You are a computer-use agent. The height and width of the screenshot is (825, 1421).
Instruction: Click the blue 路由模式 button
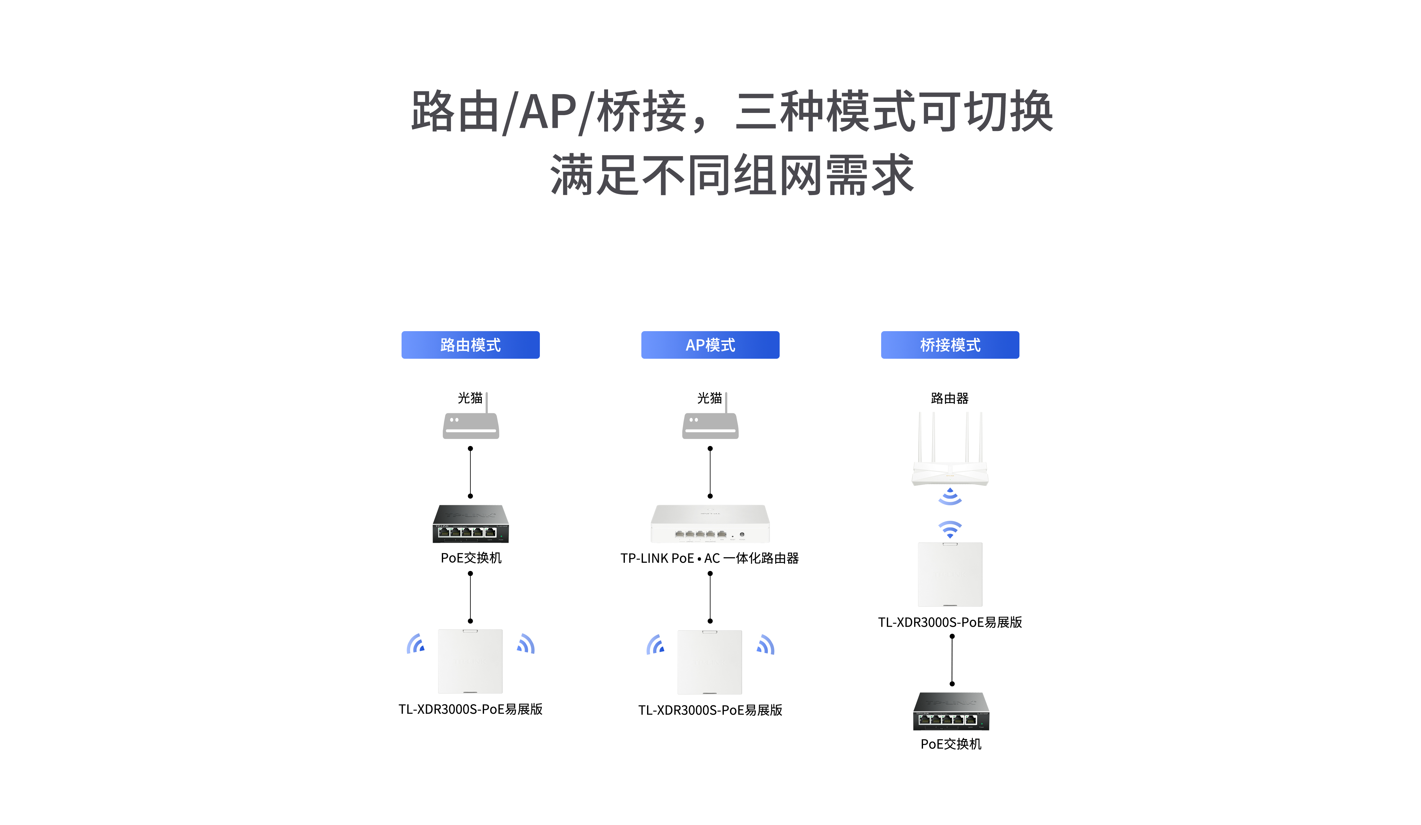tap(470, 344)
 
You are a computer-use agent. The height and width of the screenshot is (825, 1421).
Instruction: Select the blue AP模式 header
tap(710, 344)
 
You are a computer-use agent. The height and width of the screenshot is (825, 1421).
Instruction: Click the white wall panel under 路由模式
tap(470, 661)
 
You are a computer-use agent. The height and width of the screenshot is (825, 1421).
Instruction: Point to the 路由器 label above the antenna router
tap(950, 398)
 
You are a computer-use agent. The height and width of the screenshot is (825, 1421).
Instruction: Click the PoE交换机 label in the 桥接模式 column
tap(951, 744)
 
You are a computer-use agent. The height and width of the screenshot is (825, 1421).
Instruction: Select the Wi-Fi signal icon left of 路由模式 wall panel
tap(416, 644)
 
